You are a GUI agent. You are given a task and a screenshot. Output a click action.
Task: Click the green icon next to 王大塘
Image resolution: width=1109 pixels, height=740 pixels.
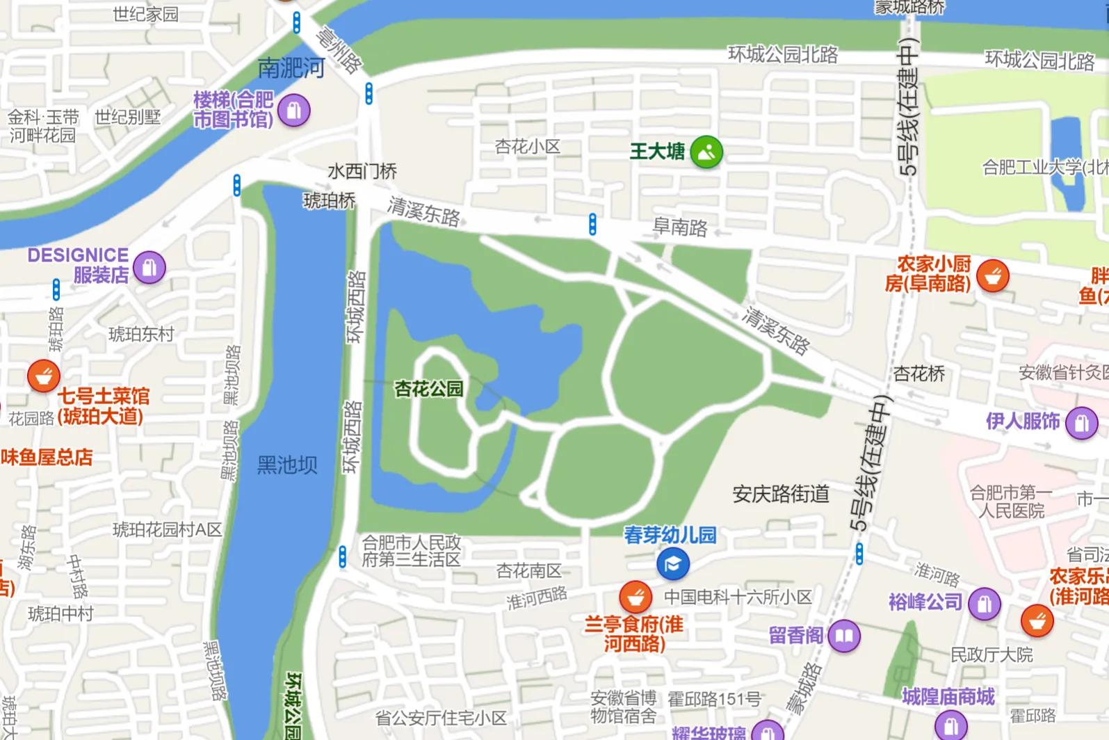tap(706, 152)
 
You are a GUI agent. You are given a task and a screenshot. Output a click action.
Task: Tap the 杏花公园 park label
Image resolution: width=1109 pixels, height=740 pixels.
tap(429, 388)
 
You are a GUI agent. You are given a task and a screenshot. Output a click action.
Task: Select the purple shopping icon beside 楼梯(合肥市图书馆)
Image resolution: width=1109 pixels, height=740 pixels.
tap(293, 111)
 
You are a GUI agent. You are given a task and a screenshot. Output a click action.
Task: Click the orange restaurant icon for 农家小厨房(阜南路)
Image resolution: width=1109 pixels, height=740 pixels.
tap(993, 276)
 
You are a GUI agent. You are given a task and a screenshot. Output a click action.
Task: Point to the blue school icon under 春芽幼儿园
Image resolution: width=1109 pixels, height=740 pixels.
tap(672, 564)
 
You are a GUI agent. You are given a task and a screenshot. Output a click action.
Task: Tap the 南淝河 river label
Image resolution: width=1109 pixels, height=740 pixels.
tap(291, 68)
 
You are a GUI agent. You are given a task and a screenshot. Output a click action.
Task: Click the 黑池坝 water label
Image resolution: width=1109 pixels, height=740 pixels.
tap(287, 465)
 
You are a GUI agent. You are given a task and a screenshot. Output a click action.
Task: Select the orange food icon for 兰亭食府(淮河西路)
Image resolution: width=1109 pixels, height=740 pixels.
tap(636, 597)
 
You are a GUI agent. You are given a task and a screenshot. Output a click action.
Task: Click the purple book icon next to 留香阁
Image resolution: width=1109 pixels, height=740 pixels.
tap(844, 636)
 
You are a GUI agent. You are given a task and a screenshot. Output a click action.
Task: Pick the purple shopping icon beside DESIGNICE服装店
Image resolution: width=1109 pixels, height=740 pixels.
tap(149, 267)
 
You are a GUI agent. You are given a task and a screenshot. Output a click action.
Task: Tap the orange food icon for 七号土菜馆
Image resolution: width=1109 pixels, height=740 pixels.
tap(44, 376)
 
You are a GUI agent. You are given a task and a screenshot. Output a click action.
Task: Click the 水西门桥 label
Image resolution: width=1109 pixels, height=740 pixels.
tap(362, 171)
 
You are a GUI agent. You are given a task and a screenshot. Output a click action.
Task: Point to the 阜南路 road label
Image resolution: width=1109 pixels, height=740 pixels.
tap(679, 227)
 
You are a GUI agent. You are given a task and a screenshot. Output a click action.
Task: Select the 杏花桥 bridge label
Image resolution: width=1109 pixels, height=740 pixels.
tap(918, 374)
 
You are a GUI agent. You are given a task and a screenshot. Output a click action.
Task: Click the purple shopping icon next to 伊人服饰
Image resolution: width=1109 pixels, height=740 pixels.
tap(1081, 422)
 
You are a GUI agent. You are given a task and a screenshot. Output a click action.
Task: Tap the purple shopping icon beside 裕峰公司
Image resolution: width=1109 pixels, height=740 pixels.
tap(984, 604)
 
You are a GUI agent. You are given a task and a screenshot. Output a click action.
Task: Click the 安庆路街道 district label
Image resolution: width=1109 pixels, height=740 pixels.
tap(781, 494)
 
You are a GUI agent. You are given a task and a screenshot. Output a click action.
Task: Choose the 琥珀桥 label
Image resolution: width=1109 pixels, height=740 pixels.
tap(330, 201)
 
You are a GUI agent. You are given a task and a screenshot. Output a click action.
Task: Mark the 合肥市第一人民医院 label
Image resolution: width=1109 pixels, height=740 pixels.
tap(1011, 502)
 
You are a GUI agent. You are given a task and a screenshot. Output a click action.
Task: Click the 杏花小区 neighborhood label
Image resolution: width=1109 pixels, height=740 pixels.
tap(527, 146)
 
